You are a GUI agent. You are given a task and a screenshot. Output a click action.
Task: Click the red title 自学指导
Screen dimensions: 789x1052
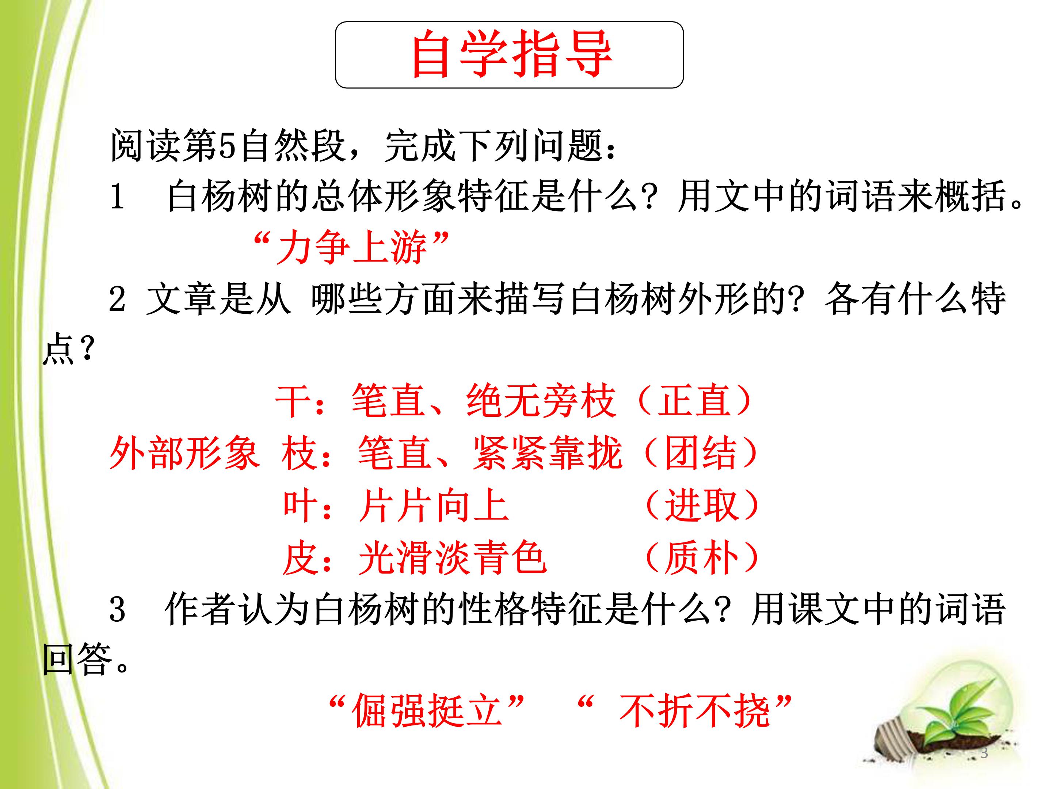512,54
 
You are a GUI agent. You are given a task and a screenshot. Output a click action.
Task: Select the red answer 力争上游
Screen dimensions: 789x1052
351,247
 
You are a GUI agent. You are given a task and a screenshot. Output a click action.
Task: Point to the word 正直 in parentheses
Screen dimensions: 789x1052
694,401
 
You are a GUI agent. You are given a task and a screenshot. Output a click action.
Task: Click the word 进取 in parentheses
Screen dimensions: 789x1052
701,506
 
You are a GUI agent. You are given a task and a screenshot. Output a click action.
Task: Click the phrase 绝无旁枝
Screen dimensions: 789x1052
541,401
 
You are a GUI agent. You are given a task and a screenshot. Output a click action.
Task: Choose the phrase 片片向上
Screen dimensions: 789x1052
434,506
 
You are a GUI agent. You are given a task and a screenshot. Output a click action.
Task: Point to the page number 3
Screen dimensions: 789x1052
984,753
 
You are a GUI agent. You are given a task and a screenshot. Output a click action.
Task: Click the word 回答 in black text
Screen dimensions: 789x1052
77,660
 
